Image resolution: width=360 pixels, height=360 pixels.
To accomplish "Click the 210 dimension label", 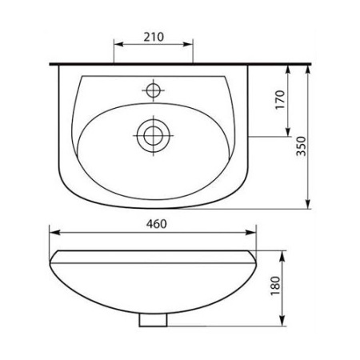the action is (x=154, y=37).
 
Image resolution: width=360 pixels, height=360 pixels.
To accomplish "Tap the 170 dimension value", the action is (x=280, y=100).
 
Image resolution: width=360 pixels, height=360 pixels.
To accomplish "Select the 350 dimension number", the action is (x=302, y=146).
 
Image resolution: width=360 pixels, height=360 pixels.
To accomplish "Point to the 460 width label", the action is (x=157, y=224).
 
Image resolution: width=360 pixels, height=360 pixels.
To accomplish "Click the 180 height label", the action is (x=275, y=286).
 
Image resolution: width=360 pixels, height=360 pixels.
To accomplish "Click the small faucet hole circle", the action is (x=154, y=90).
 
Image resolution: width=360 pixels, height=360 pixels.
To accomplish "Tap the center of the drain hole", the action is (x=154, y=135).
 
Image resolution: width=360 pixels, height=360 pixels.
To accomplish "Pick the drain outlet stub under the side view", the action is (x=153, y=320).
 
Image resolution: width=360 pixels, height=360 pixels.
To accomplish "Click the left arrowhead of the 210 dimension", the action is (x=118, y=44).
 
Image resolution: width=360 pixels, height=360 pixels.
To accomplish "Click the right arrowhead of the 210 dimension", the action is (x=188, y=44).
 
